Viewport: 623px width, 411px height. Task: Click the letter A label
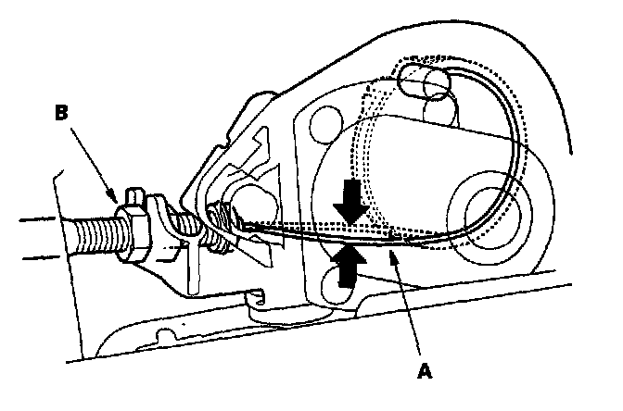pyautogui.click(x=426, y=371)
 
